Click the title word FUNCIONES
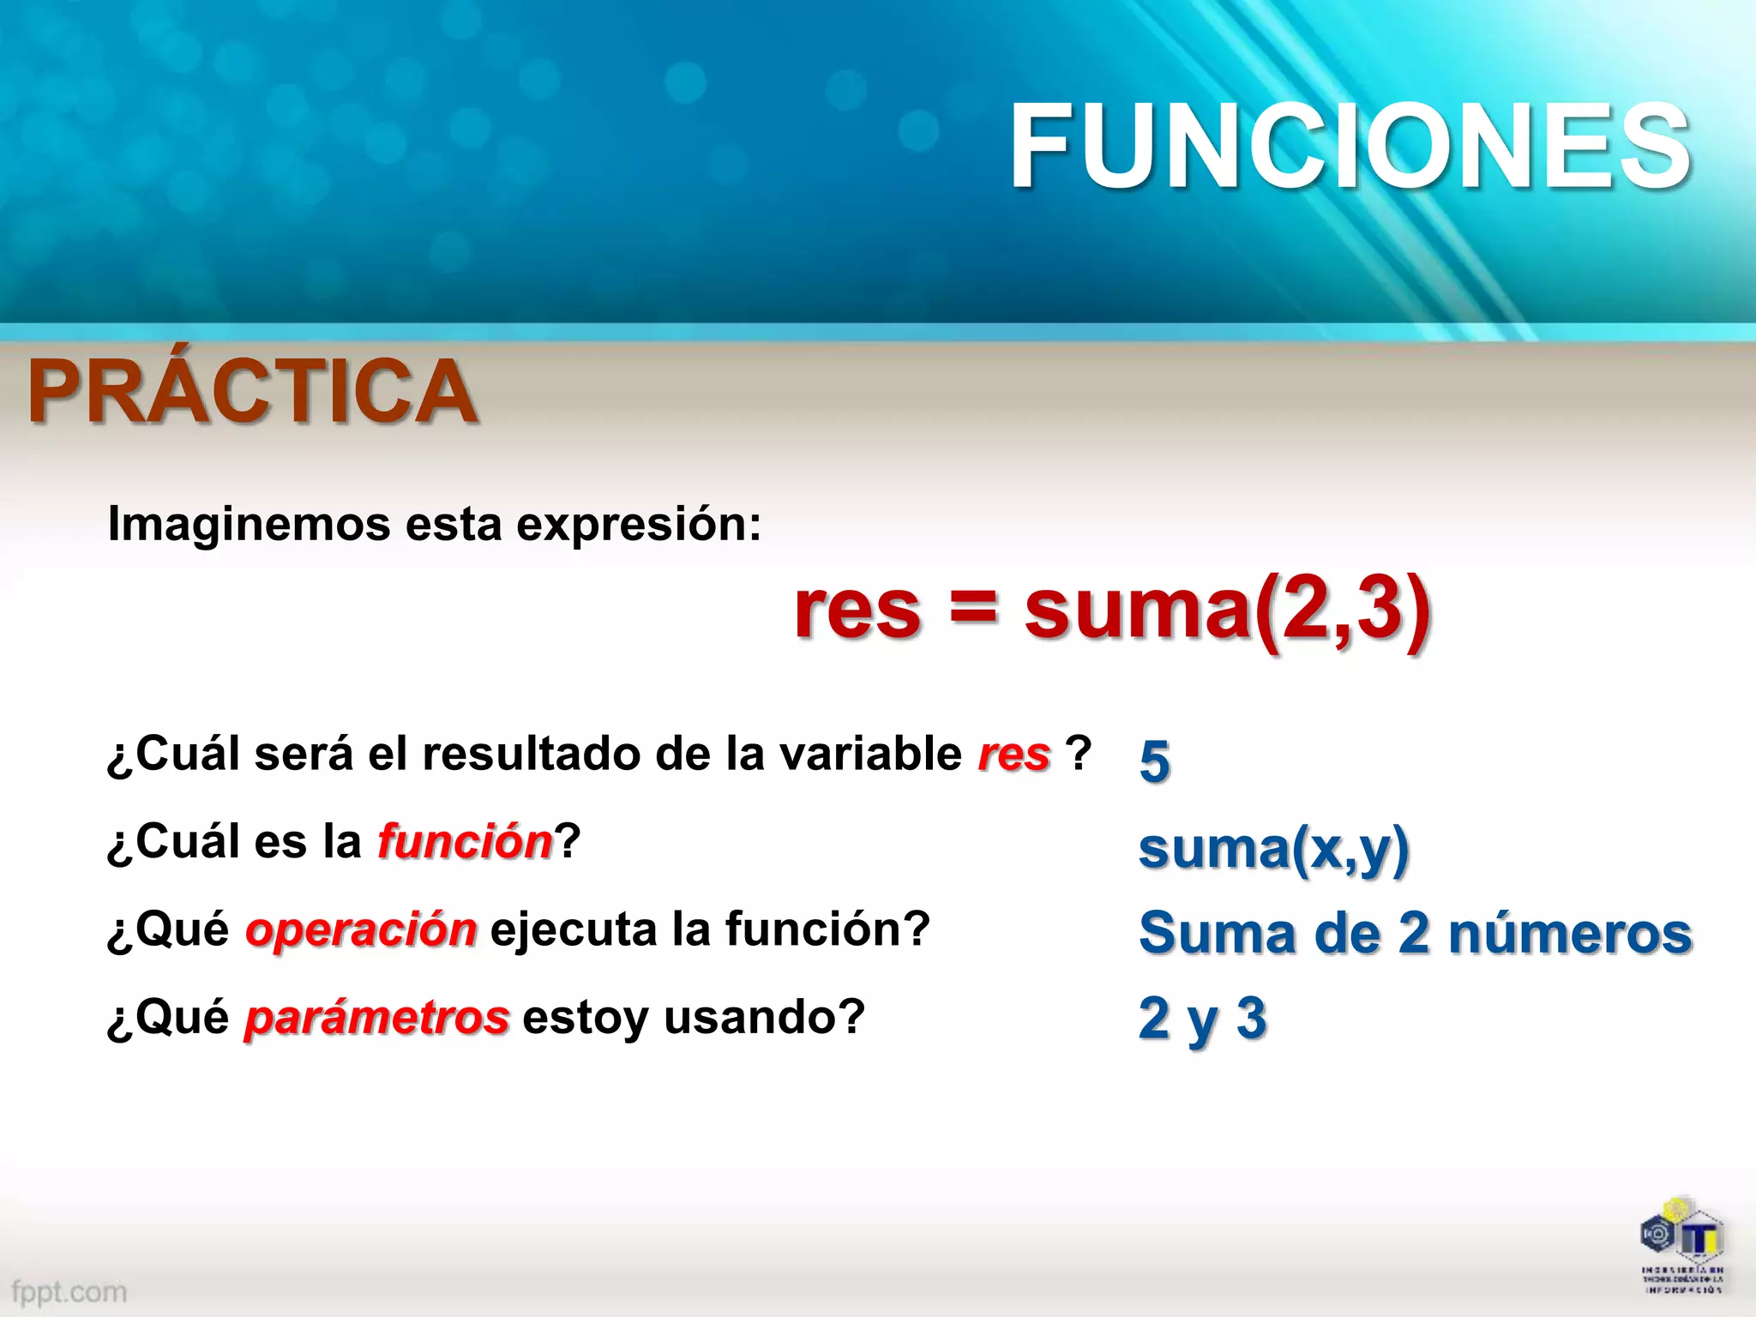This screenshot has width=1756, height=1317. pyautogui.click(x=1350, y=146)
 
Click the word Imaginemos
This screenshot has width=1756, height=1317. pyautogui.click(x=249, y=524)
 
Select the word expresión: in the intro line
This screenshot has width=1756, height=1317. pyautogui.click(x=639, y=524)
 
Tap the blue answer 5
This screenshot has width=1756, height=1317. pyautogui.click(x=1154, y=761)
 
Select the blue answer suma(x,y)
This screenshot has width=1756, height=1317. pyautogui.click(x=1273, y=848)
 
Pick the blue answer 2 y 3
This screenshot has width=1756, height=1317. pyautogui.click(x=1202, y=1019)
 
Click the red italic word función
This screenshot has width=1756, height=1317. pyautogui.click(x=466, y=841)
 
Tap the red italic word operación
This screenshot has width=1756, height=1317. pyautogui.click(x=361, y=929)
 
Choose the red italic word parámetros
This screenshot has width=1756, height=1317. pyautogui.click(x=377, y=1018)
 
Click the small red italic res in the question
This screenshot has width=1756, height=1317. pyautogui.click(x=1013, y=755)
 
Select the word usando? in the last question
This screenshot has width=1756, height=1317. pyautogui.click(x=765, y=1017)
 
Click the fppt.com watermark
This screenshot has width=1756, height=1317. pyautogui.click(x=69, y=1291)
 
